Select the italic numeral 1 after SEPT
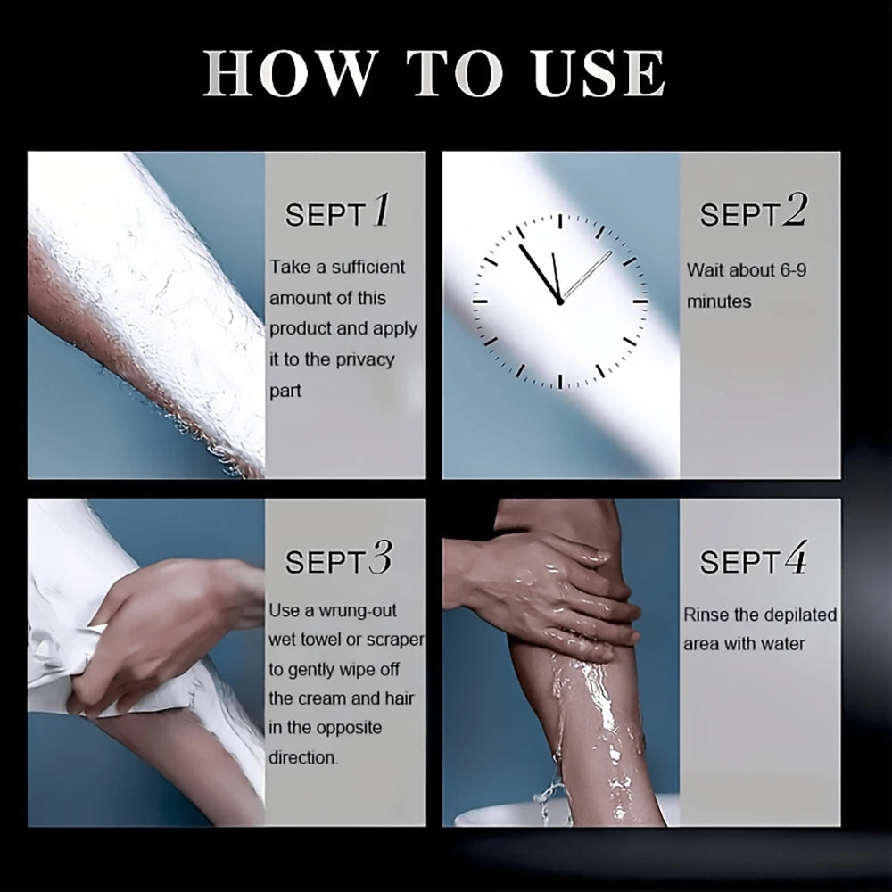click(381, 210)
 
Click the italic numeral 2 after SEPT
click(795, 210)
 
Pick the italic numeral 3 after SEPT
click(381, 557)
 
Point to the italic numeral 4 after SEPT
click(796, 557)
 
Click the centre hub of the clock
click(560, 301)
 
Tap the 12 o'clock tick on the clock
click(560, 222)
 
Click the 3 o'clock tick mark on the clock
click(640, 301)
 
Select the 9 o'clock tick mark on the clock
click(480, 301)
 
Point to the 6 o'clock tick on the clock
click(560, 381)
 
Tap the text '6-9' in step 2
click(793, 269)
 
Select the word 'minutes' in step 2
click(719, 301)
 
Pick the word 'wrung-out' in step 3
click(358, 611)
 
